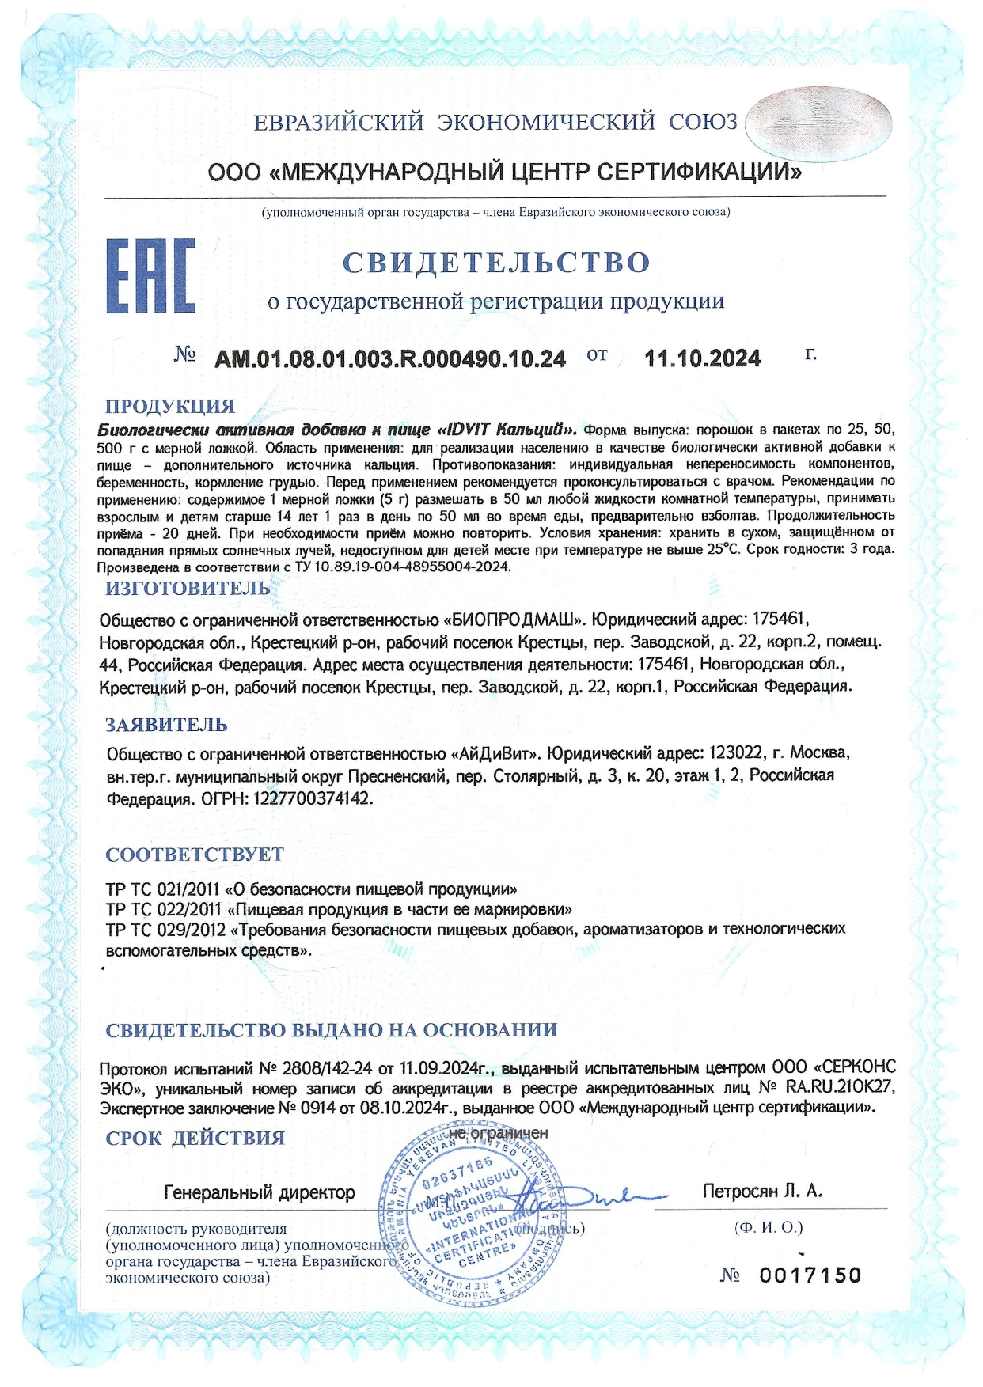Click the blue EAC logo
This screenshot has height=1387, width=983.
150,275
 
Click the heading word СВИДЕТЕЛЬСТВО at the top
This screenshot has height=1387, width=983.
496,262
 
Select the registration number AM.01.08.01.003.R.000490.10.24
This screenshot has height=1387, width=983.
390,359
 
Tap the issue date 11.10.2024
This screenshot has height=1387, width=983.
702,359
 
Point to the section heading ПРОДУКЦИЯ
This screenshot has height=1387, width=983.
170,406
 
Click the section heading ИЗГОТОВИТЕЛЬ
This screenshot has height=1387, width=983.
188,588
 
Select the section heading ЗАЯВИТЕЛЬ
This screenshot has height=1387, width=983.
166,724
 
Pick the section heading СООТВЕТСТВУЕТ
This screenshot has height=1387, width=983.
195,854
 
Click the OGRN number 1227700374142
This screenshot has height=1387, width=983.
312,798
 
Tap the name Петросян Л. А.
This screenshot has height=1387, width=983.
762,1191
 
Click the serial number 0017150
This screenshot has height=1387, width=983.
810,1275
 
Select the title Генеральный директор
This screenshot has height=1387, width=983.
260,1192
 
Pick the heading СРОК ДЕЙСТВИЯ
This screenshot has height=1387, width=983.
195,1138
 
